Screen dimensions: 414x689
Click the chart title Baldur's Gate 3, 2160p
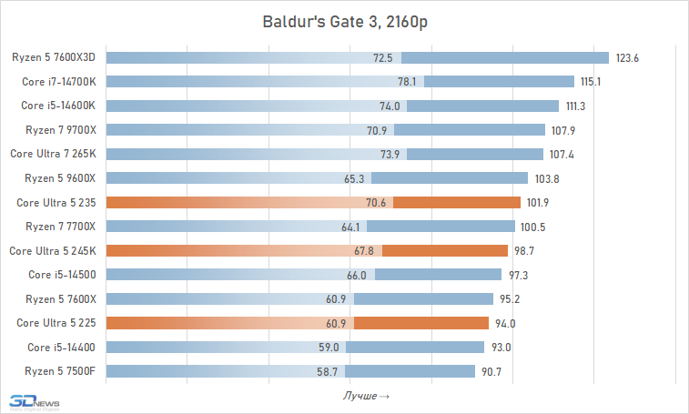344,21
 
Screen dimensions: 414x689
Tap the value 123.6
628,58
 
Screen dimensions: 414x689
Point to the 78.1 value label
407,82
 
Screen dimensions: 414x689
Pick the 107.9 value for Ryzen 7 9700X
564,130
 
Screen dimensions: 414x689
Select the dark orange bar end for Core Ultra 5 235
456,202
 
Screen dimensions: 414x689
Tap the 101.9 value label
540,203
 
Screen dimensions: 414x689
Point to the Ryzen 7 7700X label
60,226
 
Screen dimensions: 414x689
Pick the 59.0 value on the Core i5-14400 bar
328,347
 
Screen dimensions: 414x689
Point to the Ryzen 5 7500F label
60,370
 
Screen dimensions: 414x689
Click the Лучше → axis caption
366,396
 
